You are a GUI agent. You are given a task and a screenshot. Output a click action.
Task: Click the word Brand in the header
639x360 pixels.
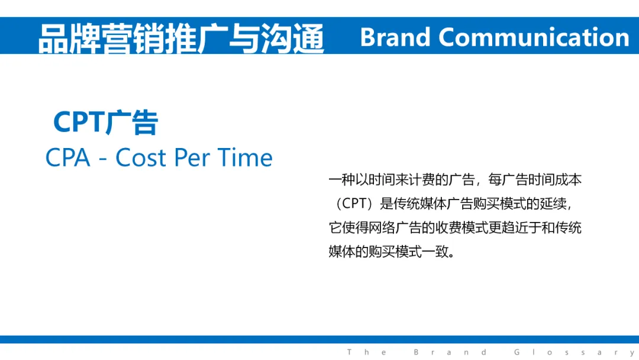pos(395,37)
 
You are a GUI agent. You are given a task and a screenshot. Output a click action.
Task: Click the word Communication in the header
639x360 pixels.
pos(534,37)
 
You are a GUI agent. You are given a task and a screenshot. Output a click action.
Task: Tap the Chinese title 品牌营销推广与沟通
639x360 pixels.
pos(181,38)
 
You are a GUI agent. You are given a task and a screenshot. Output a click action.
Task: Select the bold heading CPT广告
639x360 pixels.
pos(105,122)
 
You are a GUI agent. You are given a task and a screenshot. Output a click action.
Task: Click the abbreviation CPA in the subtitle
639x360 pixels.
pos(67,157)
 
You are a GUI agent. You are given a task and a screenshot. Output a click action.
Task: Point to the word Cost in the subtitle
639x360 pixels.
pos(141,157)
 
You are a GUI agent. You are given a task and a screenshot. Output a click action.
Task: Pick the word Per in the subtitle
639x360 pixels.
pos(192,157)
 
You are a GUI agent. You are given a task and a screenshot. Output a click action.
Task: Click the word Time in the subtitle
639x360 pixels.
pos(245,157)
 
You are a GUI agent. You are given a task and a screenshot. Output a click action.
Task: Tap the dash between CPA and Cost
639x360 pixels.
pos(103,159)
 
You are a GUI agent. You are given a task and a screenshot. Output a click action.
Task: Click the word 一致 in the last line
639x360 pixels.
pos(435,251)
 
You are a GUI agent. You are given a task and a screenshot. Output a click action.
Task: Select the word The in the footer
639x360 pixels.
pos(367,352)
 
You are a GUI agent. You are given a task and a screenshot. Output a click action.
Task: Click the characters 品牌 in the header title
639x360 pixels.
pos(70,38)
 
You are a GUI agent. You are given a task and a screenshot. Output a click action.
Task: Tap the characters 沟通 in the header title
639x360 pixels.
pos(292,38)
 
